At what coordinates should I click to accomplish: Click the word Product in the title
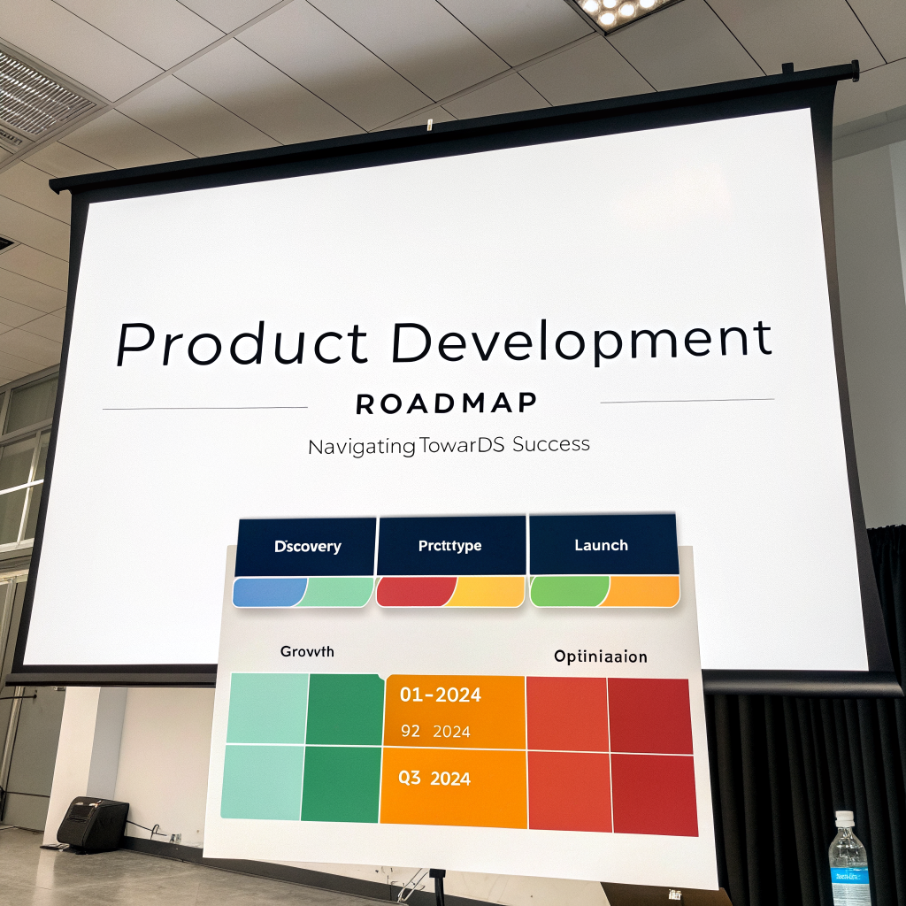[x=242, y=343]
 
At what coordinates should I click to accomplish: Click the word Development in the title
[x=581, y=341]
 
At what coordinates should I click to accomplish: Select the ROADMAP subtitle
[x=446, y=403]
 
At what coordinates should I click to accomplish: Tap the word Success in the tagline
[x=550, y=443]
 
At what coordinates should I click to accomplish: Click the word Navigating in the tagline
[x=361, y=447]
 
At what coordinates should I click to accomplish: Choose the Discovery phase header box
[x=306, y=547]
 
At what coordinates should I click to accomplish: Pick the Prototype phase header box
[x=450, y=545]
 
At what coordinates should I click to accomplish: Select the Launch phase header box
[x=602, y=545]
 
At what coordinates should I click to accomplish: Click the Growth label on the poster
[x=307, y=651]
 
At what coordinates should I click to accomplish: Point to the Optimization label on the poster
[x=600, y=656]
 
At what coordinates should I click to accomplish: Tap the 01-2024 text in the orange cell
[x=440, y=695]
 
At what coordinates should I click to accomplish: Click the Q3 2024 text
[x=434, y=779]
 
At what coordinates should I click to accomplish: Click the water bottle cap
[x=845, y=818]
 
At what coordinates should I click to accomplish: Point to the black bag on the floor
[x=93, y=822]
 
